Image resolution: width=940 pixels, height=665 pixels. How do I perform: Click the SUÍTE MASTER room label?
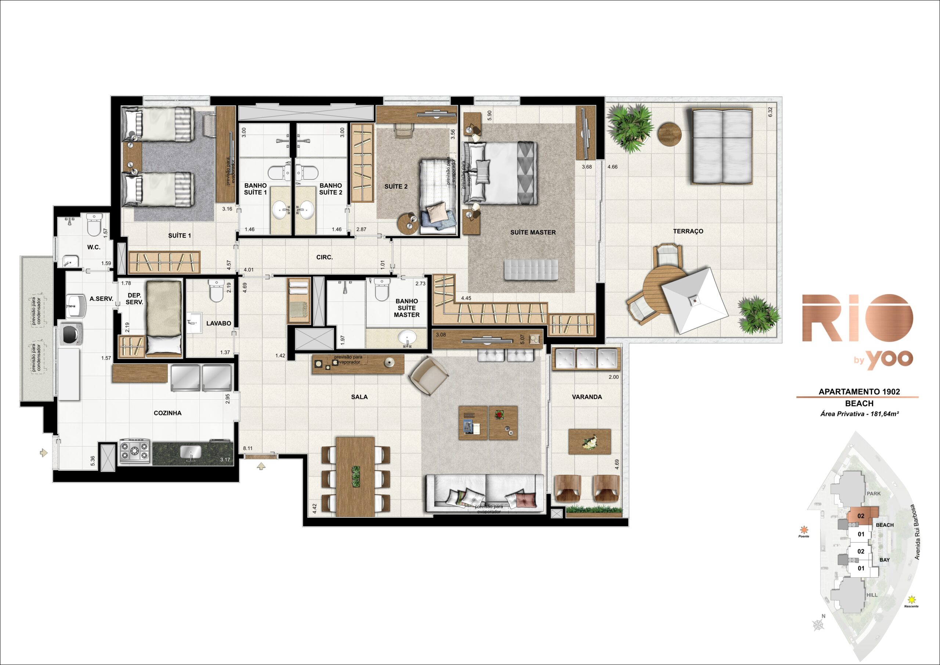click(x=533, y=232)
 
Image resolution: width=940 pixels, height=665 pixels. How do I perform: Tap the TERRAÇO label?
click(x=688, y=231)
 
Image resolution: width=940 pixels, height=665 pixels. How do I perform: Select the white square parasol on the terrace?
click(x=695, y=301)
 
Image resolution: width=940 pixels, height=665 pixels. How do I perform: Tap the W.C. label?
click(x=94, y=247)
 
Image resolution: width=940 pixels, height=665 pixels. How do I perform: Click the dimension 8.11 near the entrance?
click(x=248, y=448)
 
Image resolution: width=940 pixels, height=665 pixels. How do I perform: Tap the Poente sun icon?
click(x=804, y=530)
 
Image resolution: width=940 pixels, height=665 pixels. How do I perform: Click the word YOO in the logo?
click(x=890, y=359)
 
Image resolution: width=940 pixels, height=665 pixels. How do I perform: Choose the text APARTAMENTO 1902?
click(x=859, y=391)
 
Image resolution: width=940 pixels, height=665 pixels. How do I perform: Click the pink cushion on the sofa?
click(x=526, y=500)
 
